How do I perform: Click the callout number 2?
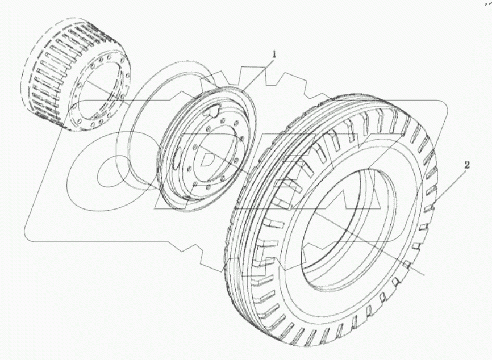[466, 165]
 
